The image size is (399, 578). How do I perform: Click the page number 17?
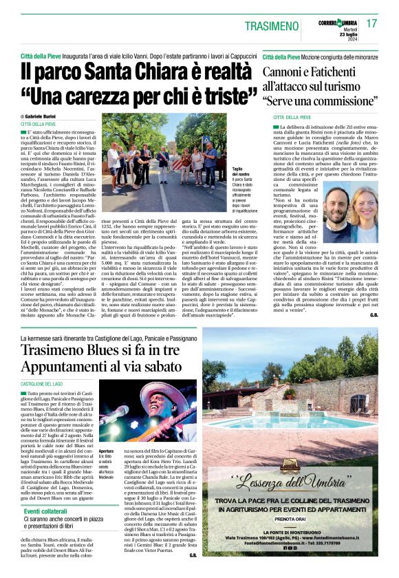click(x=372, y=23)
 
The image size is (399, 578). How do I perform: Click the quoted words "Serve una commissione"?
click(x=323, y=100)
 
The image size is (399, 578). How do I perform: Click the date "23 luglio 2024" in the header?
click(x=347, y=28)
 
